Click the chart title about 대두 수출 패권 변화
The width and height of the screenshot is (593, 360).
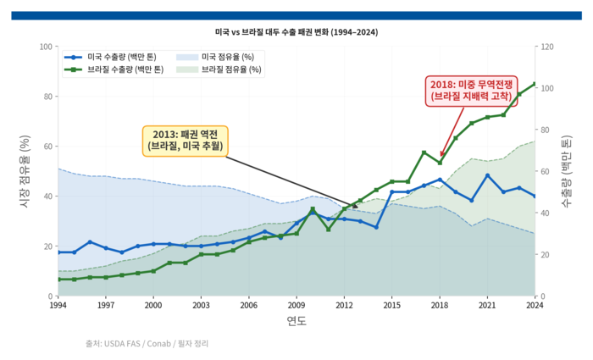[296, 32]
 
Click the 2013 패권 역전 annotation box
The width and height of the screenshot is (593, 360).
[185, 140]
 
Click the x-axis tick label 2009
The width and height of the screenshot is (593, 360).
[296, 305]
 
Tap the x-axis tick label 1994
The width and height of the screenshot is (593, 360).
[58, 305]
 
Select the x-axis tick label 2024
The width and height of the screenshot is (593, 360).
[535, 305]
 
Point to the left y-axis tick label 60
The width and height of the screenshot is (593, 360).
[46, 147]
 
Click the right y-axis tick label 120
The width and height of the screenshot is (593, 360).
[547, 47]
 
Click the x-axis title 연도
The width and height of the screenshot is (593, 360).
[296, 321]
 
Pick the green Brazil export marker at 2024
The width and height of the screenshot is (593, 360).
[535, 84]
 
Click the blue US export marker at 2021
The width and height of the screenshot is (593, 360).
[487, 175]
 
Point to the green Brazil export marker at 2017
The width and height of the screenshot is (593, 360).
[424, 152]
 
